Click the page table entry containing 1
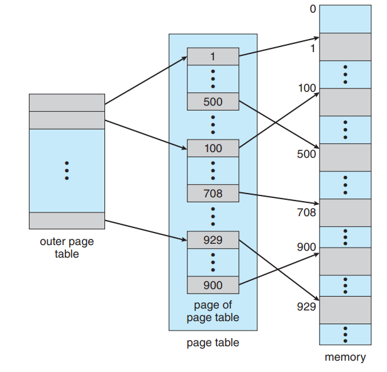tap(213, 56)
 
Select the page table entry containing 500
tap(213, 101)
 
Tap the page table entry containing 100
tap(213, 148)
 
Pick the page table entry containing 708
tap(213, 193)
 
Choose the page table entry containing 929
tap(213, 239)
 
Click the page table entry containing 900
tap(213, 285)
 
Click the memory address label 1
tap(313, 48)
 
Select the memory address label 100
tap(307, 88)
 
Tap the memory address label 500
tap(307, 154)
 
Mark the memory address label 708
tap(307, 212)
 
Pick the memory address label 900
tap(307, 248)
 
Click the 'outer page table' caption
tap(66, 248)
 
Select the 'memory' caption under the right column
tap(345, 358)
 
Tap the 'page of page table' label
tap(213, 311)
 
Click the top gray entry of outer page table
tap(67, 102)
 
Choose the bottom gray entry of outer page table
tap(67, 221)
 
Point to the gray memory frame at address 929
tap(345, 309)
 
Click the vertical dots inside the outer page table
tap(67, 170)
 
